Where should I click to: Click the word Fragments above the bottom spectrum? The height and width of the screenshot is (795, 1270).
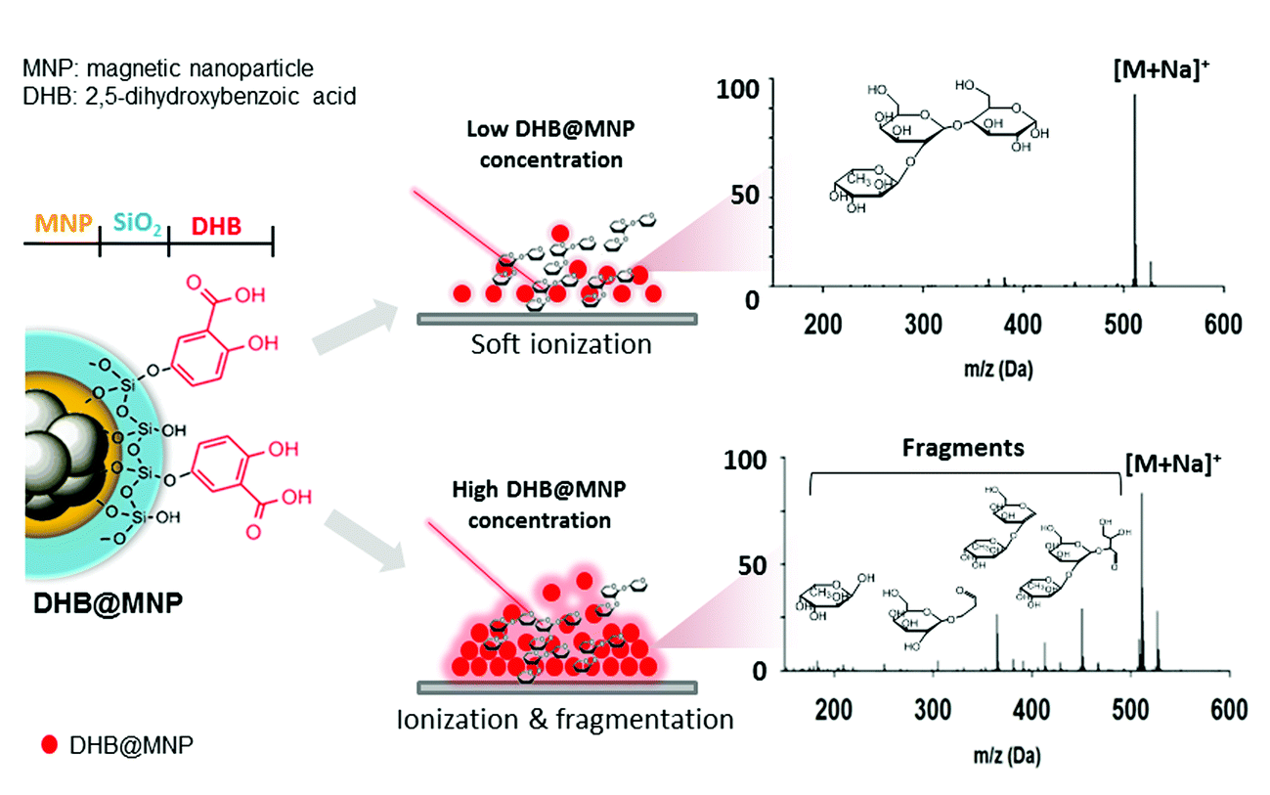pos(963,447)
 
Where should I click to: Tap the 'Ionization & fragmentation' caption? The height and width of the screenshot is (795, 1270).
pos(565,720)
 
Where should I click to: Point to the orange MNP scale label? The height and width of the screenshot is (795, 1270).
pos(61,224)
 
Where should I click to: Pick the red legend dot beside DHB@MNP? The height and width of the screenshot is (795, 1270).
pos(49,745)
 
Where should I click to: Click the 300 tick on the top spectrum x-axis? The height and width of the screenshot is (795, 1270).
pos(922,324)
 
